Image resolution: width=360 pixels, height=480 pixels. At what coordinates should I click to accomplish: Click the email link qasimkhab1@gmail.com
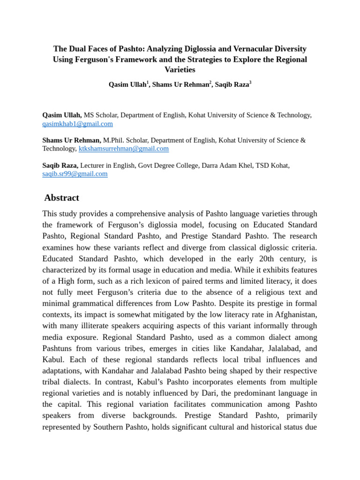(x=77, y=124)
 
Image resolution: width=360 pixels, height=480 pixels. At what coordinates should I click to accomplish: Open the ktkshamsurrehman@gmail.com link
(x=123, y=149)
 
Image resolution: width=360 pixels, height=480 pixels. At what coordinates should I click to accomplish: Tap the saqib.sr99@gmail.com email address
(x=75, y=173)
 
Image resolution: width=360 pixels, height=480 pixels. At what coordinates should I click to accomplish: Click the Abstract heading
(x=62, y=197)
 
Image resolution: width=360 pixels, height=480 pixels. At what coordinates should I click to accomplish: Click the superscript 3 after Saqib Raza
(x=250, y=82)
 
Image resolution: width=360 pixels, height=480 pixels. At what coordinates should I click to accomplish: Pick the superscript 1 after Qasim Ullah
(x=148, y=82)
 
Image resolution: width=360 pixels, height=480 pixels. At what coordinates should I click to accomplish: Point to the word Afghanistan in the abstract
(x=293, y=315)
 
